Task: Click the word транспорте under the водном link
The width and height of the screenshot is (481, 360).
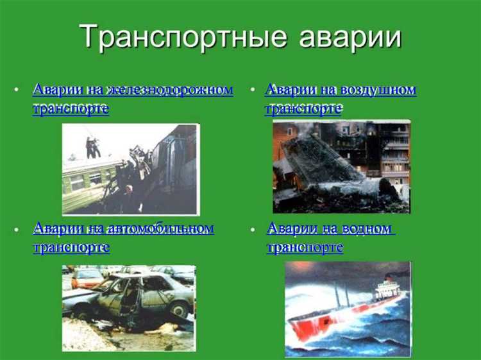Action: pos(305,247)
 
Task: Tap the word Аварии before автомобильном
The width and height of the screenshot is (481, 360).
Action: pos(57,228)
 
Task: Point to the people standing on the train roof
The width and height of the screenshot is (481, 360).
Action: pos(93,147)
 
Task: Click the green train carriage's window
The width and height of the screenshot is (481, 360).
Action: pos(77,183)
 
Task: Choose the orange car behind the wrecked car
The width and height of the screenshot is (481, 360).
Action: pos(87,277)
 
